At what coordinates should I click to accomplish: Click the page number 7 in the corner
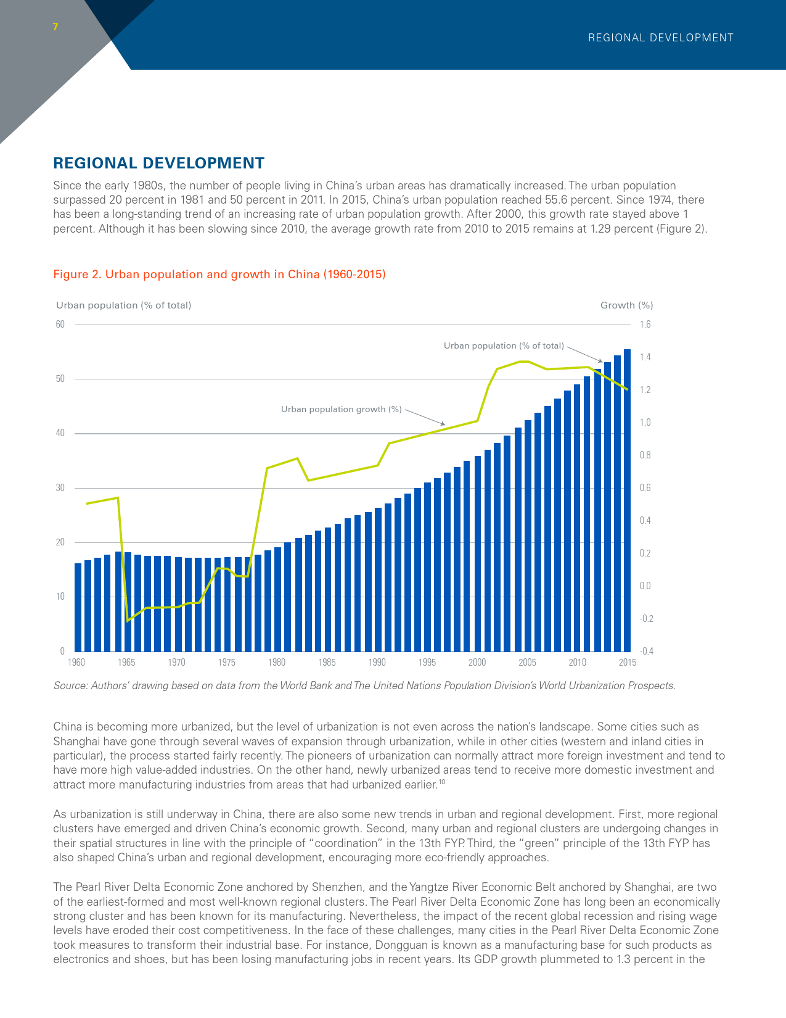click(55, 27)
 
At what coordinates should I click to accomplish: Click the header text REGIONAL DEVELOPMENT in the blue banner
click(660, 38)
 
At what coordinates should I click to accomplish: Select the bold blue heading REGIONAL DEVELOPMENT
click(158, 163)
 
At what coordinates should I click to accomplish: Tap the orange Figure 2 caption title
click(219, 274)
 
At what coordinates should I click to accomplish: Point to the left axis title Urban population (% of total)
click(123, 305)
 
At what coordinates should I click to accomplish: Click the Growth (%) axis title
click(626, 305)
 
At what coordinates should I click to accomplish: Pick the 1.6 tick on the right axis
click(645, 324)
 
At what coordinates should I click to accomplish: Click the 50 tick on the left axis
click(60, 379)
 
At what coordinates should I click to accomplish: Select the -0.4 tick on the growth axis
click(647, 651)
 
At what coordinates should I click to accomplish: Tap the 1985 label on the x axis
click(327, 663)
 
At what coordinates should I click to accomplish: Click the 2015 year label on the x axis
click(628, 663)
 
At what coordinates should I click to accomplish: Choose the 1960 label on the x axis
click(76, 663)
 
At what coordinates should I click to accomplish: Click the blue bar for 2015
click(628, 500)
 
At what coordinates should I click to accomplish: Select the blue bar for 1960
click(78, 608)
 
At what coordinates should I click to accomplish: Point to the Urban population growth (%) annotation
click(342, 409)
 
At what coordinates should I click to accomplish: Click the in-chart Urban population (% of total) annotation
click(504, 346)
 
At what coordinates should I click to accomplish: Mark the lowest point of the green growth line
click(128, 621)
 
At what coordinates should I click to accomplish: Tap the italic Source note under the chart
click(365, 685)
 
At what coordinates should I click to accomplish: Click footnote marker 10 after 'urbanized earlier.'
click(442, 782)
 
